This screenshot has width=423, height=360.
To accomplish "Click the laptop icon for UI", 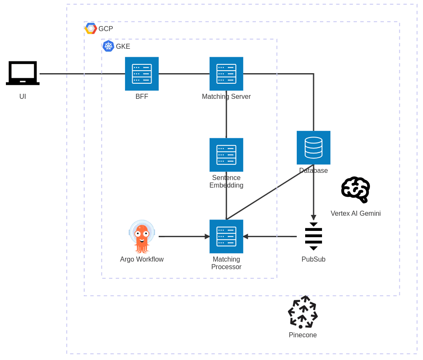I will click(23, 73).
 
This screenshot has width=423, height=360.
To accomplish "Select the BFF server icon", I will click(142, 74).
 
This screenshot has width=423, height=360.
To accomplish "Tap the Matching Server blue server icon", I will click(226, 74).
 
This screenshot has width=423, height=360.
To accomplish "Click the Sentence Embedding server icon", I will click(226, 155).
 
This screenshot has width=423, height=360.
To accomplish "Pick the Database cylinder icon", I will click(313, 148).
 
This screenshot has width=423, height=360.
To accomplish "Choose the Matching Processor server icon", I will click(226, 236).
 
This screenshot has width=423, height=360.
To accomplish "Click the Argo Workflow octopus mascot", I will click(142, 236).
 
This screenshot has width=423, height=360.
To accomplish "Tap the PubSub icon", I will click(313, 236).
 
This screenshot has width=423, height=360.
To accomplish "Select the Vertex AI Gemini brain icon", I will click(356, 190).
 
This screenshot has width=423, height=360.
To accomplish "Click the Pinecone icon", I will click(303, 312).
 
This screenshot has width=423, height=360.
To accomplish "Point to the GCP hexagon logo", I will click(91, 29).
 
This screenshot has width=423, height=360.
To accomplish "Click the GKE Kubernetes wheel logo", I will click(108, 46).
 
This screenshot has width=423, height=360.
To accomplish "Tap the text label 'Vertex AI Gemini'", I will click(356, 214).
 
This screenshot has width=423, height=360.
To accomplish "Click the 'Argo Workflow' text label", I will click(142, 259).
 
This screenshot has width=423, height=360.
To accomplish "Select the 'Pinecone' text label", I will click(303, 335).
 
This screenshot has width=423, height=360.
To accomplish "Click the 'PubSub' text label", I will click(313, 259).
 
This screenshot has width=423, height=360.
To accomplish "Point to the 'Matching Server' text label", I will click(226, 97).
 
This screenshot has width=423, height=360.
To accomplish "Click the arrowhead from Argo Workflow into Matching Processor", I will click(207, 236).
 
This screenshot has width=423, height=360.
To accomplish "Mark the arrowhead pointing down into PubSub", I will click(313, 217).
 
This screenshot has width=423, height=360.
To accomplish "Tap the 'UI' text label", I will click(23, 97).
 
